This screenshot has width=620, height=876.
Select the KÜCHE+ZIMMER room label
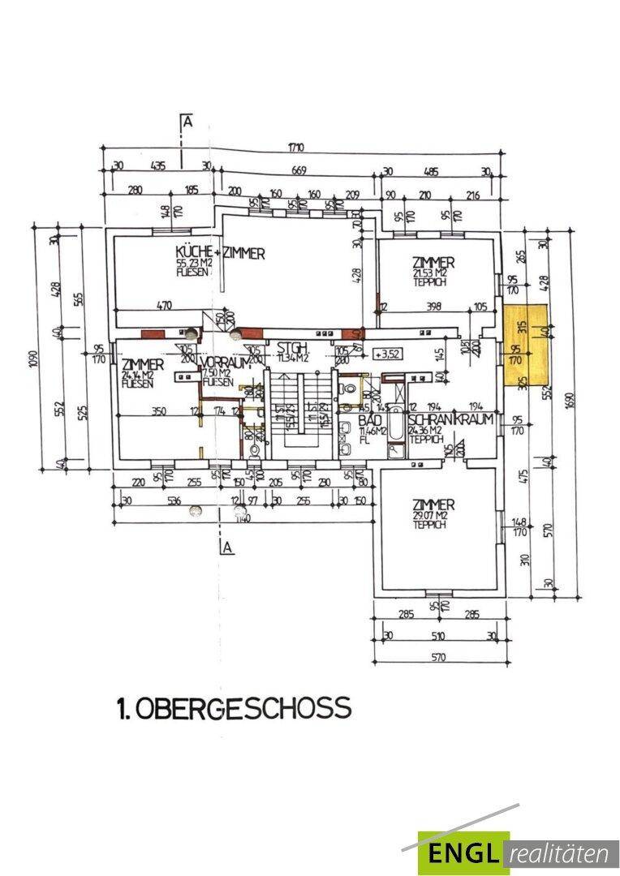[220, 254]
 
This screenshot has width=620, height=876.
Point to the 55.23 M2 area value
[194, 264]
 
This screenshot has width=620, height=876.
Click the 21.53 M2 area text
[433, 274]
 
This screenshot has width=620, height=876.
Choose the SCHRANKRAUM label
[450, 420]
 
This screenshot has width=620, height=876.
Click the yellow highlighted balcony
[526, 344]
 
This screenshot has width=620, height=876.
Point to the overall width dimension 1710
[295, 148]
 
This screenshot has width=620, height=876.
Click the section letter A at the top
[187, 122]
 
